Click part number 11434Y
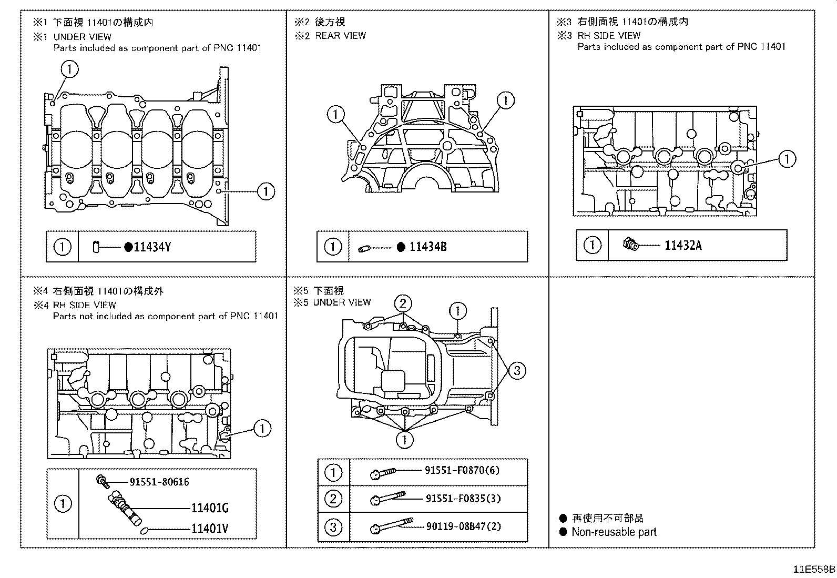point(152,247)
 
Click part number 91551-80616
point(159,482)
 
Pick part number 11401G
point(210,508)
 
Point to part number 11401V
point(210,529)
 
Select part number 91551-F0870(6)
point(462,471)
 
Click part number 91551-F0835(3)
point(463,498)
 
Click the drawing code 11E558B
point(814,569)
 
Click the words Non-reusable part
point(614,532)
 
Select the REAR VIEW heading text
point(340,36)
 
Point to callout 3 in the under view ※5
point(517,371)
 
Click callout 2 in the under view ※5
point(403,303)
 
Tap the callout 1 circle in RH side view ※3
point(787,159)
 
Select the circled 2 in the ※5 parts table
point(333,499)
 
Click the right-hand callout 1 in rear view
point(506,100)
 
